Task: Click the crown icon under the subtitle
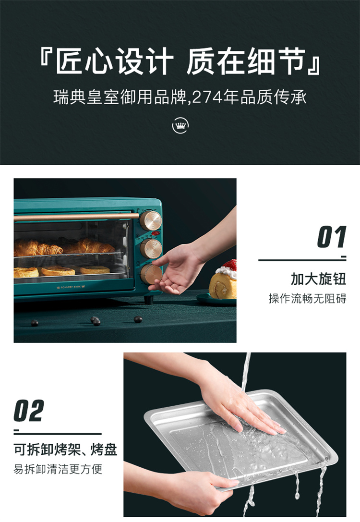(x=180, y=125)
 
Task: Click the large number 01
(x=331, y=237)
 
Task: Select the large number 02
(x=29, y=411)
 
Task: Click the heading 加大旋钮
(x=318, y=279)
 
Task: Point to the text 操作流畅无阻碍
(x=307, y=298)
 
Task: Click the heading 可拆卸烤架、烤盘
(x=66, y=449)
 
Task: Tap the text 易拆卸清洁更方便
(x=58, y=469)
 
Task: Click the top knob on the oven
(x=150, y=220)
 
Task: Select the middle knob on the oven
(x=151, y=248)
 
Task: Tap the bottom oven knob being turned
(x=151, y=274)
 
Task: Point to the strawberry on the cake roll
(x=229, y=266)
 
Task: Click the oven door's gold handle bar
(x=76, y=217)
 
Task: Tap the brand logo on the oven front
(x=71, y=286)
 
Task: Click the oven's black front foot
(x=148, y=299)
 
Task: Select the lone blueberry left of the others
(x=35, y=323)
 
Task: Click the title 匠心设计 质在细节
(x=180, y=61)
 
